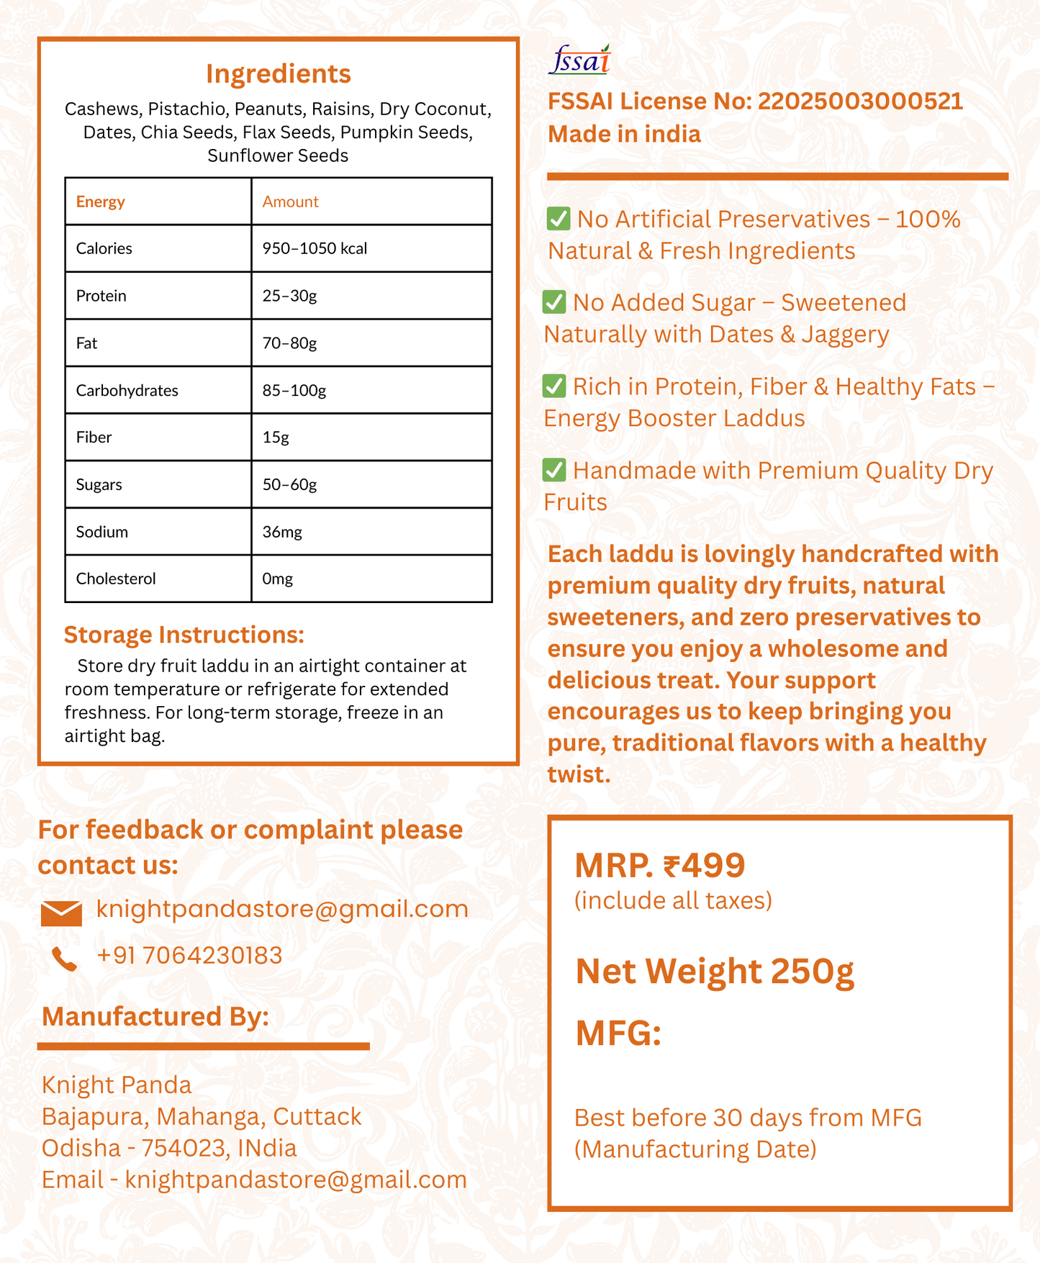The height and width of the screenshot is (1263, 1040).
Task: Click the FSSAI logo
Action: point(579,60)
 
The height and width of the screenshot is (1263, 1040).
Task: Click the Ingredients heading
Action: point(278,74)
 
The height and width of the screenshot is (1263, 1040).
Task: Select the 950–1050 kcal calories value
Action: point(315,248)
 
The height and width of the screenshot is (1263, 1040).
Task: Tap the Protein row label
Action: point(101,296)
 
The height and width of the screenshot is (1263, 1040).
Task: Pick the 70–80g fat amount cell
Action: point(289,343)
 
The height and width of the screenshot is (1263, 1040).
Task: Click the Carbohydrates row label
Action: point(127,390)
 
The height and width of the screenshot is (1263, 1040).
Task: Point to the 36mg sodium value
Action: point(282,532)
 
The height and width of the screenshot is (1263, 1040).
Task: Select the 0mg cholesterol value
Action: point(278,579)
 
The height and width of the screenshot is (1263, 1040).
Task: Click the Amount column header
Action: point(290,202)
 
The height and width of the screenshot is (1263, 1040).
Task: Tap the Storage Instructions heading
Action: point(184,635)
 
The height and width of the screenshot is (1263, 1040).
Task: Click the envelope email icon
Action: point(61,913)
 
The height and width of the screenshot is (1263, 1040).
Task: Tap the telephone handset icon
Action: point(64,959)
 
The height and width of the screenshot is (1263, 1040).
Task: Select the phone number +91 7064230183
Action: point(189,956)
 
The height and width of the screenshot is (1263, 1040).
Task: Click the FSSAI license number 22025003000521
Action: point(860,101)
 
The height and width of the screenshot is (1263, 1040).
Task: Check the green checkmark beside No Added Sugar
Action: point(554,302)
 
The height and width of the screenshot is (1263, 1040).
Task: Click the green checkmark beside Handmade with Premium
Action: point(554,470)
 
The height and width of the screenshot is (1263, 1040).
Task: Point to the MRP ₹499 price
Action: point(659,865)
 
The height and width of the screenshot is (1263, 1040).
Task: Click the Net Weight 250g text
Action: point(715,972)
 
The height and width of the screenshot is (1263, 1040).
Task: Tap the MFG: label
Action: point(618,1034)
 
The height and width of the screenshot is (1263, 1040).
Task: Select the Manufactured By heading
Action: point(155,1017)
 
